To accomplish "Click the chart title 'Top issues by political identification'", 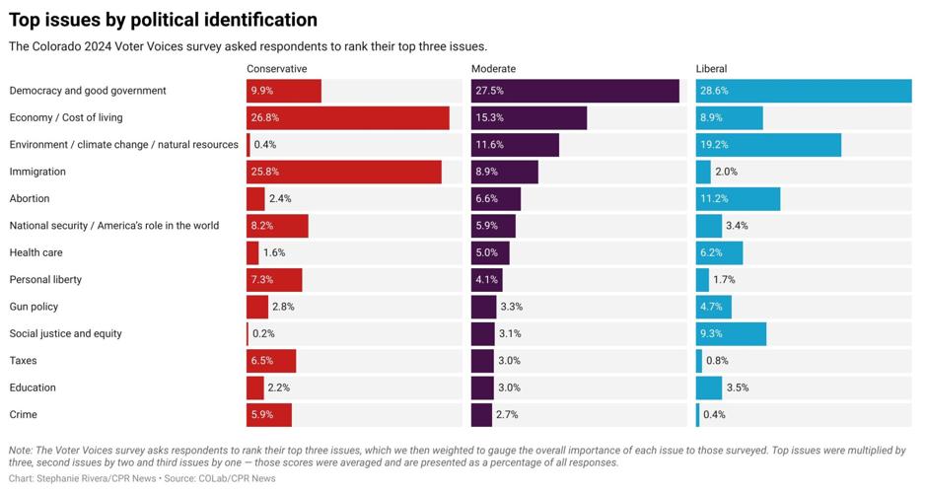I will coord(163,20).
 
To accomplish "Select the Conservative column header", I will coord(276,68).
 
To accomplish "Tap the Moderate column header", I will coord(493,68).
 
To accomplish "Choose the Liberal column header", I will coord(711,68).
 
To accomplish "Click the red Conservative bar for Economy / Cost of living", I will coord(347,118).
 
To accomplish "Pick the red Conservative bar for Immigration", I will coord(343,172).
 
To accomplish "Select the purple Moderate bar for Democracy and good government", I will coord(575,91).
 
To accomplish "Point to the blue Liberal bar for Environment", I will coord(768,145).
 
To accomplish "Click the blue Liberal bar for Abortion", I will coord(738,199).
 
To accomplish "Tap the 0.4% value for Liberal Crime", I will coord(714,415).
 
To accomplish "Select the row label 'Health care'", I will coord(36,253).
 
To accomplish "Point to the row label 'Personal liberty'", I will coord(45,280).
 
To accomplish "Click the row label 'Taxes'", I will coord(24,361).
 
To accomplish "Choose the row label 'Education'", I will coord(33,387).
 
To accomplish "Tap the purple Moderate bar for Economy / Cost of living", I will coord(529,118).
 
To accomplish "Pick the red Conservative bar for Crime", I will coord(269,415).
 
